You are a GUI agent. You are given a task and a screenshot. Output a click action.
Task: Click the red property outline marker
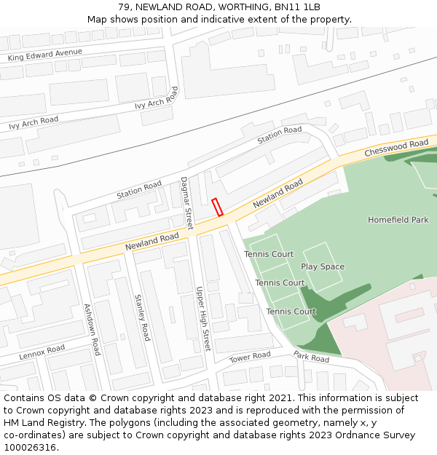point(217,207)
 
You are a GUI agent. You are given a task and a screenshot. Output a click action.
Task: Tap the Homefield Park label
point(398,220)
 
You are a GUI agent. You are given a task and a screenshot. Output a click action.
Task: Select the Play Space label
point(323,267)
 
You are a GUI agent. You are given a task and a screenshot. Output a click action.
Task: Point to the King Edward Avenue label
point(44,55)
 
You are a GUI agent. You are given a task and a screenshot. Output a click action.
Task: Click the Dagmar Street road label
point(187,203)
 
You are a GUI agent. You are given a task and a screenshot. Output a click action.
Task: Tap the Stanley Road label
point(142,317)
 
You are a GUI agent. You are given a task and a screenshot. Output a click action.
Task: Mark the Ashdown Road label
point(92,330)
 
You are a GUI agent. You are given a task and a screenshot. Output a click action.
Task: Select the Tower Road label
point(250,357)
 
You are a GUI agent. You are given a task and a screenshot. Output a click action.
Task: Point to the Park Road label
point(312,357)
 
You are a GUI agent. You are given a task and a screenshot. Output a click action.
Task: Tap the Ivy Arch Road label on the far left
point(34,123)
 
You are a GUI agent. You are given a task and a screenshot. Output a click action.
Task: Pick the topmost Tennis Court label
point(269,254)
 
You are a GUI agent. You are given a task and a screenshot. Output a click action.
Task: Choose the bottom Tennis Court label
point(291,312)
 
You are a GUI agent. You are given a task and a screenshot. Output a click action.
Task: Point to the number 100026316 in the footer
point(30,448)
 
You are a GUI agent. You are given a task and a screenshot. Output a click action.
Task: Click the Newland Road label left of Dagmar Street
point(151,242)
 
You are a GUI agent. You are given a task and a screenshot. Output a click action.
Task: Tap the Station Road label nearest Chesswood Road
point(280,135)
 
